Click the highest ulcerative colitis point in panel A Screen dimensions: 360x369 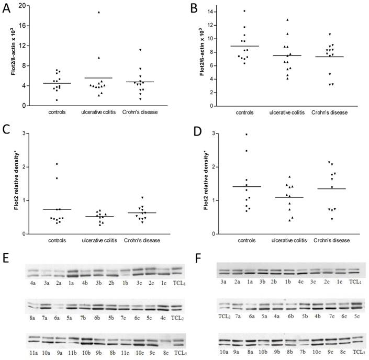[x=98, y=12]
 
